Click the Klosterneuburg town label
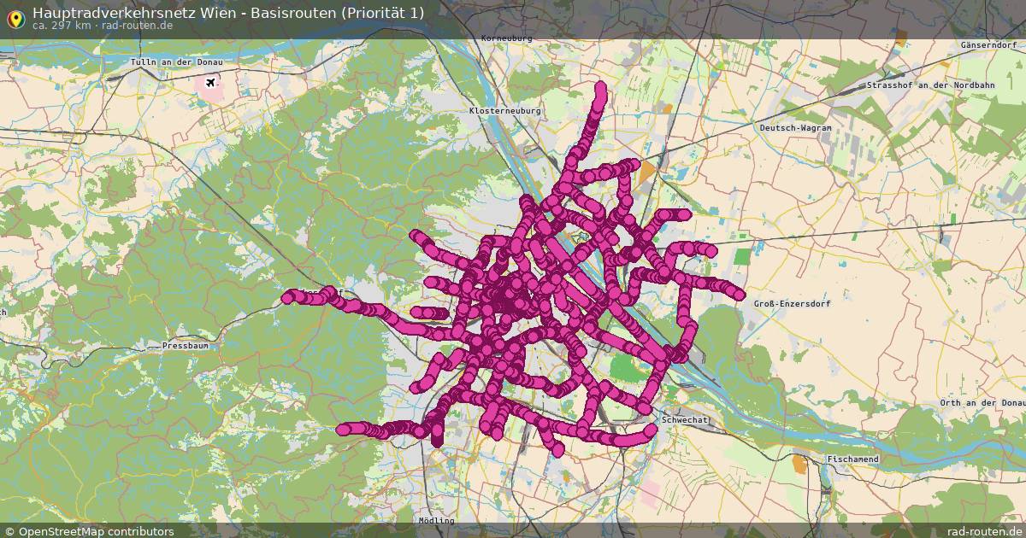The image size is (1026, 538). pos(500,111)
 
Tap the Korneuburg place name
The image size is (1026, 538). pos(506,38)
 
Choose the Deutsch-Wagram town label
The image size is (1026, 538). pos(795,127)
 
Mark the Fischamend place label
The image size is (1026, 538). pos(852,459)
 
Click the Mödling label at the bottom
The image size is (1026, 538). pos(437,520)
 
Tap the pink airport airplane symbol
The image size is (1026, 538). pos(209,83)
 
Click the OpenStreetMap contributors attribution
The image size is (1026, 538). pos(89,531)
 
